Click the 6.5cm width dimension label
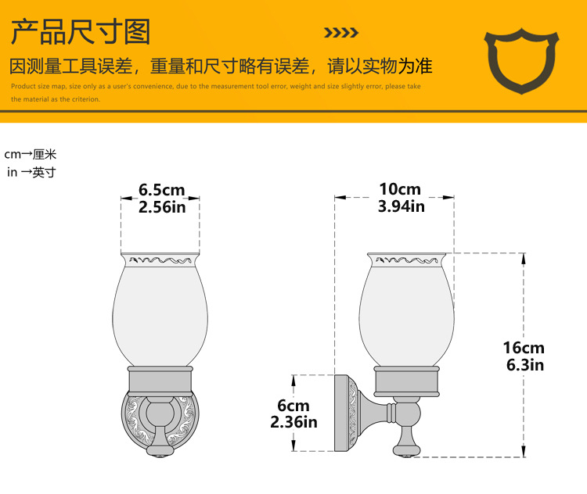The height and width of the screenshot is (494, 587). click(162, 190)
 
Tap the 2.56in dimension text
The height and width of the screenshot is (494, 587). click(162, 207)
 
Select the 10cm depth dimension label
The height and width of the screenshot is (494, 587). click(399, 190)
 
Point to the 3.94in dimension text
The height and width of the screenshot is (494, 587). click(401, 207)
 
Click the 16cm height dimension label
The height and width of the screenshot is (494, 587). click(524, 348)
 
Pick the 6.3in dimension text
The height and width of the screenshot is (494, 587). click(524, 365)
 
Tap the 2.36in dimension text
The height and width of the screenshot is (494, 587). click(293, 423)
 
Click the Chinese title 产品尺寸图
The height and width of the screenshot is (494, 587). click(80, 32)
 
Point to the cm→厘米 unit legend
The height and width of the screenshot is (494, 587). click(31, 155)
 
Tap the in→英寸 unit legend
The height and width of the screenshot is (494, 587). click(31, 172)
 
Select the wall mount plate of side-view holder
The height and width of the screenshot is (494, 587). click(344, 412)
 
